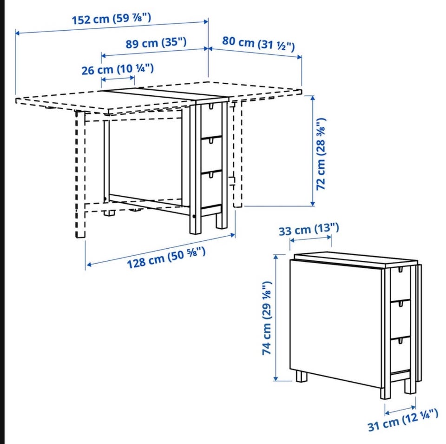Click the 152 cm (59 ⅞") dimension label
tap(111, 19)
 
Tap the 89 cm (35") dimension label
tap(156, 43)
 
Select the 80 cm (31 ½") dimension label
tap(258, 44)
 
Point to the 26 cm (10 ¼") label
tap(118, 69)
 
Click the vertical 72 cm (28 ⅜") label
tap(321, 154)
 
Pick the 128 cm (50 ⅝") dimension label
tap(166, 258)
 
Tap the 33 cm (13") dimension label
tap(309, 229)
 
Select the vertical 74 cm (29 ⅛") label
tap(267, 318)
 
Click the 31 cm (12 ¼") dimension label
tap(403, 420)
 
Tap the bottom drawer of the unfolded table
tap(211, 188)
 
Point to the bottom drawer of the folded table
tap(400, 355)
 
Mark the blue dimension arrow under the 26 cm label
tap(118, 79)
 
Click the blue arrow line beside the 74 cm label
tap(275, 318)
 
